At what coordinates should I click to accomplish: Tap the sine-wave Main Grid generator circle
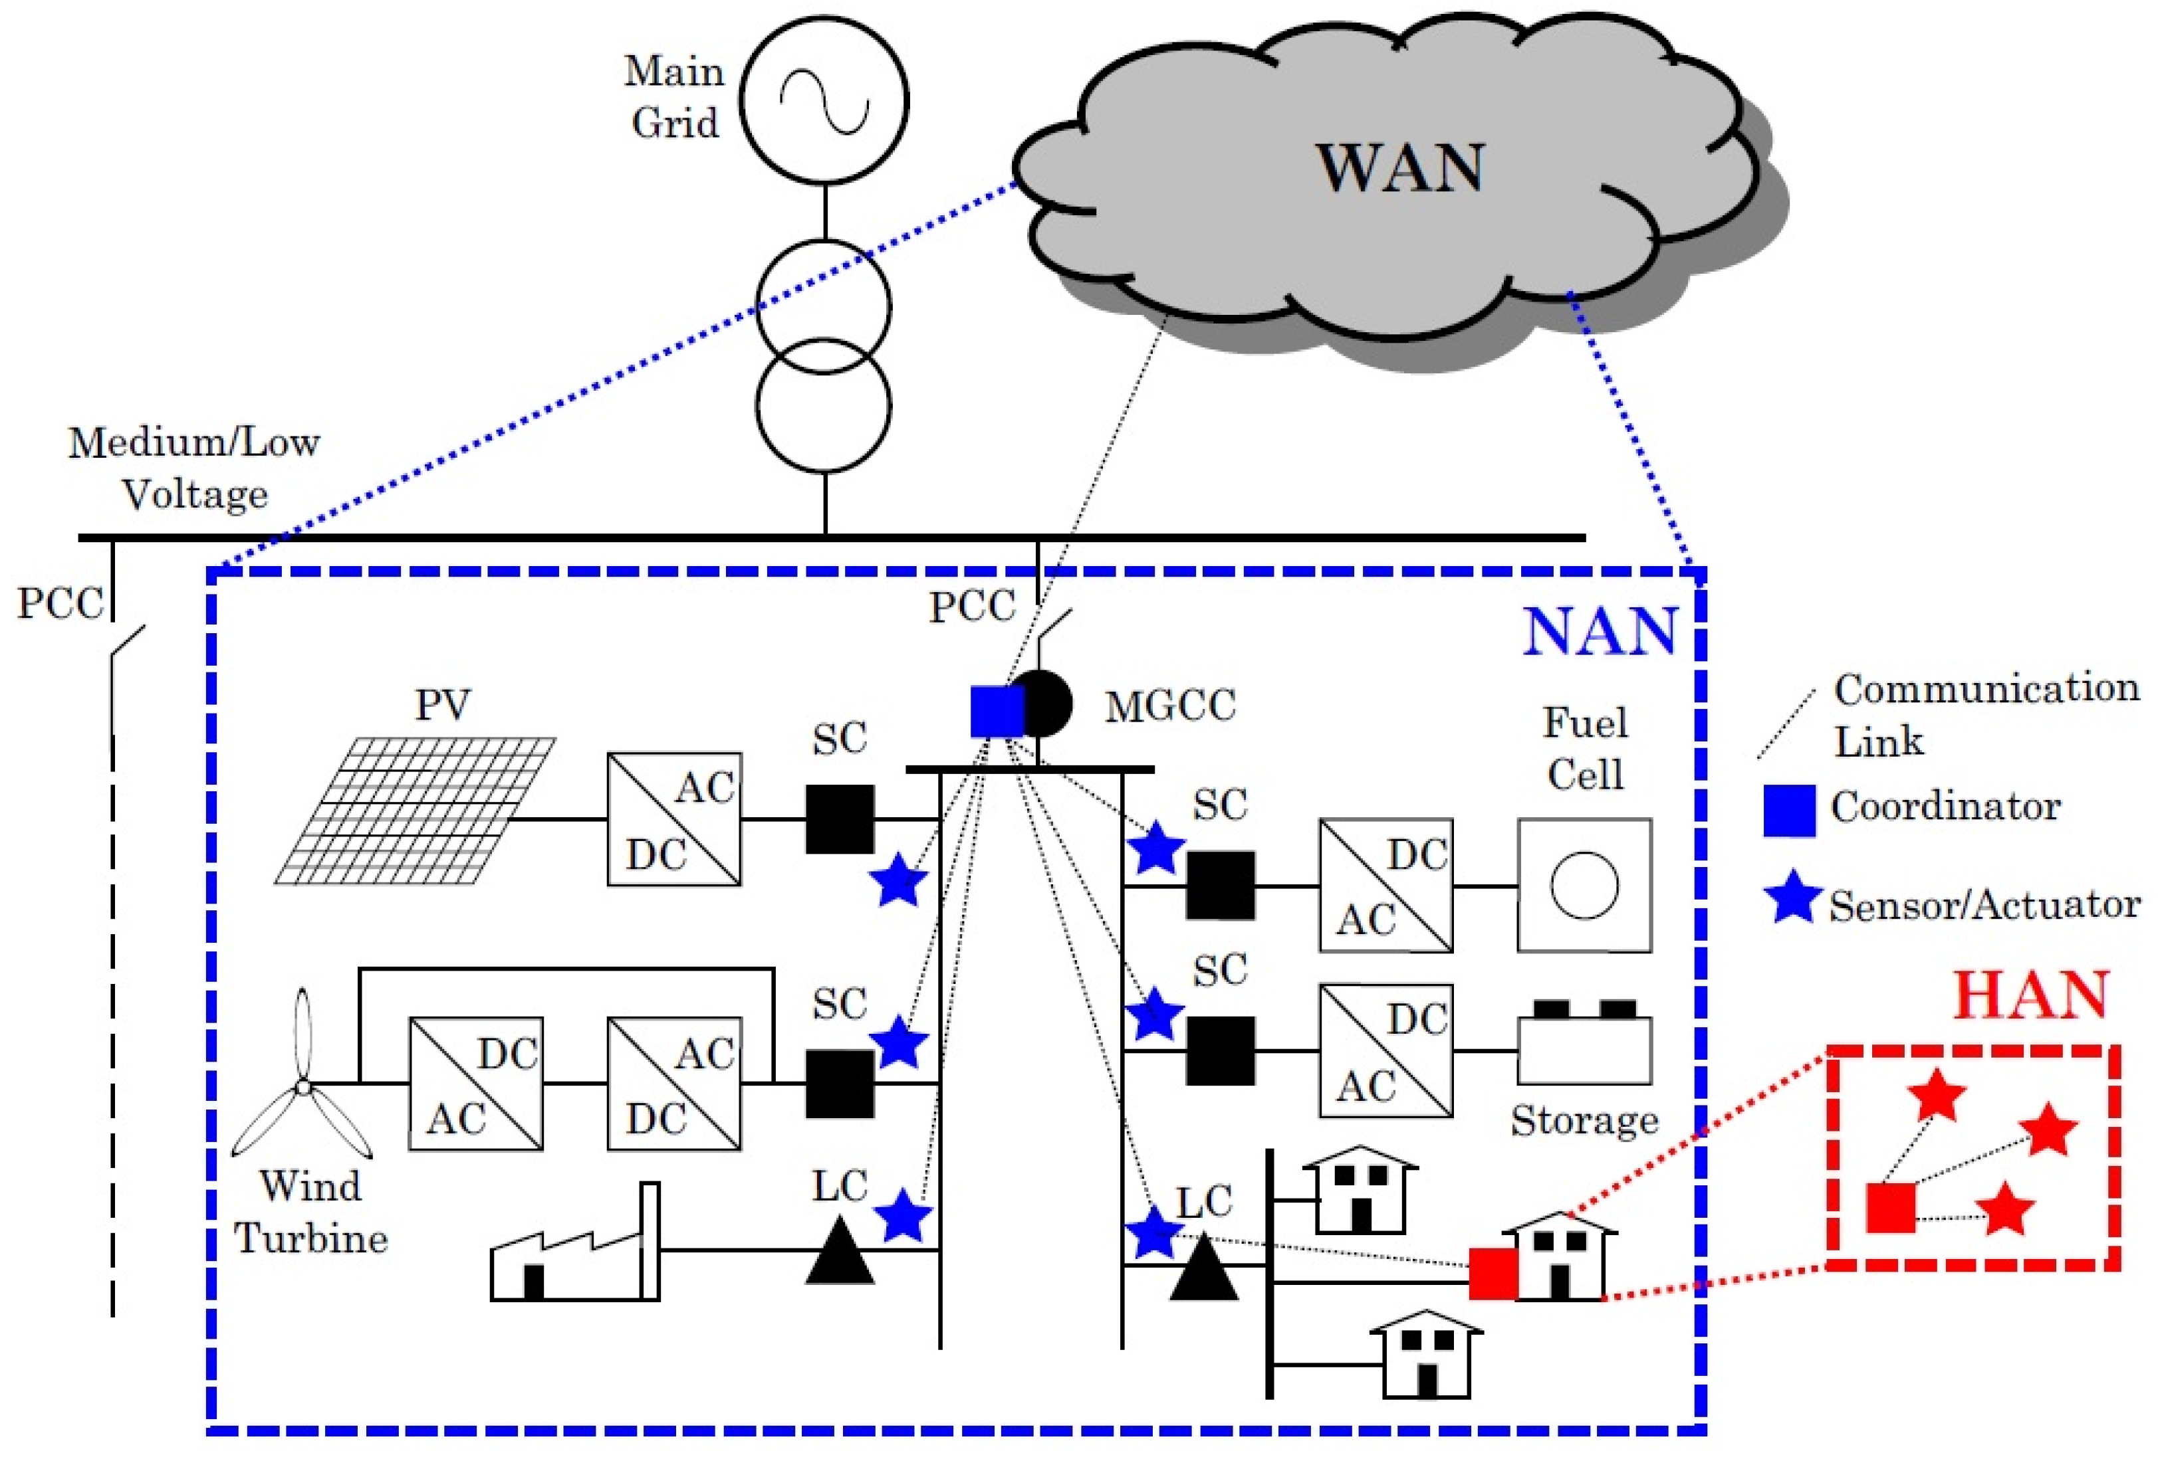tap(824, 100)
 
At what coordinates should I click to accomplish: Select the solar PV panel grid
tap(415, 811)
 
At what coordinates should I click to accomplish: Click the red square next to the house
tap(1493, 1274)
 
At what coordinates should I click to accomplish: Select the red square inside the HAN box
tap(1891, 1208)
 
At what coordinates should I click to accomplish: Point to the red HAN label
tap(2031, 995)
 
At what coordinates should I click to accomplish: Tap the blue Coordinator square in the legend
tap(1789, 811)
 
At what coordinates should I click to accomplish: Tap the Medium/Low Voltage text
tap(194, 468)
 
